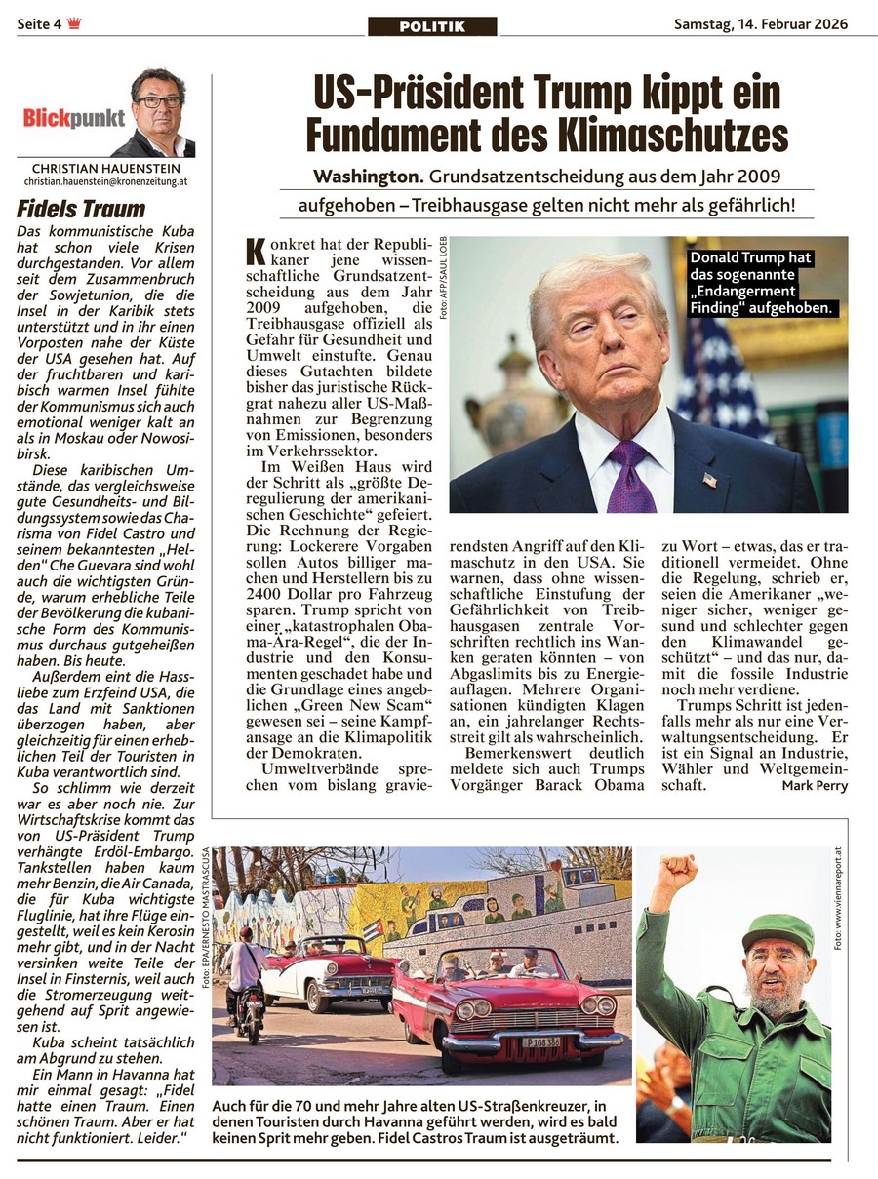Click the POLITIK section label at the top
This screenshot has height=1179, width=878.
[432, 26]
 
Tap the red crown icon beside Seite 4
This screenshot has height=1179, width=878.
[74, 24]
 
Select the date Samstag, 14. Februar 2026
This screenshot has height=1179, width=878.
[761, 24]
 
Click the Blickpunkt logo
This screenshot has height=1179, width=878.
[74, 119]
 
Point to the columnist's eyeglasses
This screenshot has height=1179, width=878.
[158, 100]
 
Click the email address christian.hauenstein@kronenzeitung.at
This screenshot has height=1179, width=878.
[105, 182]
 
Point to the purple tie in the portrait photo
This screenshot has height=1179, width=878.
[630, 476]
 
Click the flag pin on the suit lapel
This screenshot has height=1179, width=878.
[709, 480]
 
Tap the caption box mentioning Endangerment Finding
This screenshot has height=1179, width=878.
[763, 284]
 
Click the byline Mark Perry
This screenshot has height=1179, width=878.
[815, 786]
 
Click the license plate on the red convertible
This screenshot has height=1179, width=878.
[539, 1042]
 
